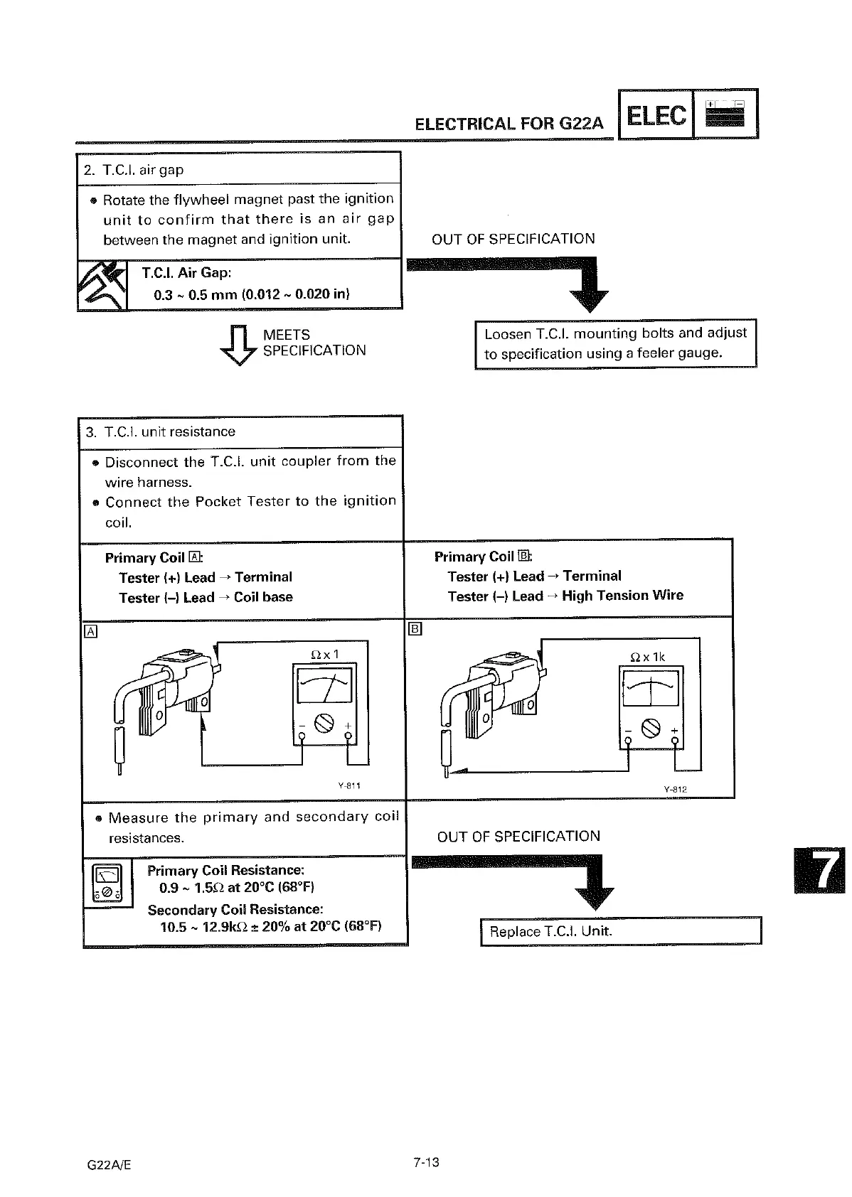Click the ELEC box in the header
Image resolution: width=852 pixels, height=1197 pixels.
point(656,115)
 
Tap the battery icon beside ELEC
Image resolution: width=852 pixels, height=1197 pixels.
point(725,114)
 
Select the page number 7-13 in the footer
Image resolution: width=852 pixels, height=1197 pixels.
point(426,1162)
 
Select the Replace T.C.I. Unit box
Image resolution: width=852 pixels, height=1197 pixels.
point(620,931)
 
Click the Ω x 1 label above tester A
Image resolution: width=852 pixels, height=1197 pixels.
point(325,654)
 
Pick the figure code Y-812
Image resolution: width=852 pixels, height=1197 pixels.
point(675,789)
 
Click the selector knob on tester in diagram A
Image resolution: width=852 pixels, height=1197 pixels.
point(324,724)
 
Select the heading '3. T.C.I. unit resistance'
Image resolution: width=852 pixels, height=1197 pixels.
point(160,432)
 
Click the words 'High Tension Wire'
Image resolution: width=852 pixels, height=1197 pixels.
point(622,596)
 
